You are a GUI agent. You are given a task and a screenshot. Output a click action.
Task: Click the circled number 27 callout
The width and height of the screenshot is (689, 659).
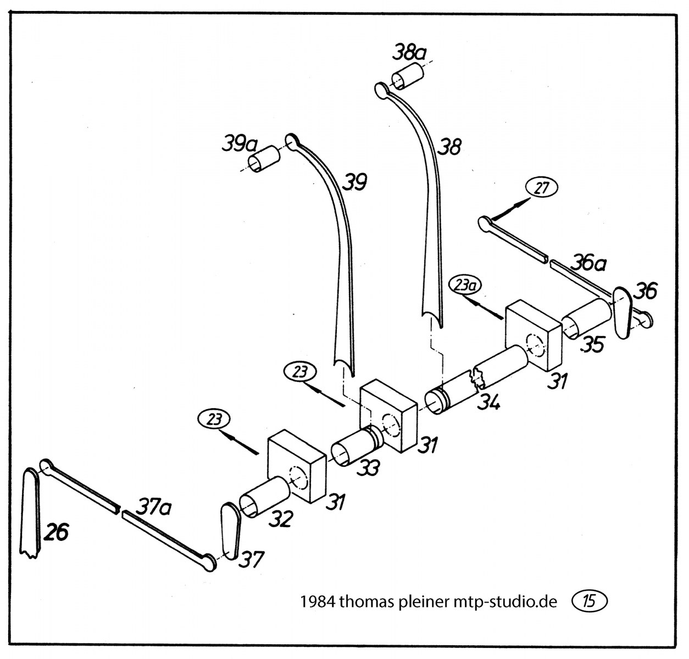tap(541, 188)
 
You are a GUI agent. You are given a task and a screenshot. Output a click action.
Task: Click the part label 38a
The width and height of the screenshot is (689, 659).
tap(409, 53)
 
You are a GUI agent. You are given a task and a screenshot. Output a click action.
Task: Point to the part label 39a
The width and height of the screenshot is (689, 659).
tap(240, 144)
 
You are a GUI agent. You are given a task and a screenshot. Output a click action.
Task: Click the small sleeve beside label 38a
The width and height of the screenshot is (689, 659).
tap(407, 76)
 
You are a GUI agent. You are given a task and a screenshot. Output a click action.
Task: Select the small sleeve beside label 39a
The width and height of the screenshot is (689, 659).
tap(265, 158)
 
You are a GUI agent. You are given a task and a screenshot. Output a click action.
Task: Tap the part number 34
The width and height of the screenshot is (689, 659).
tap(488, 402)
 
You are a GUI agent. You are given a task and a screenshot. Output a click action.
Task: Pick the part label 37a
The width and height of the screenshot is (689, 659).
tap(153, 507)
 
